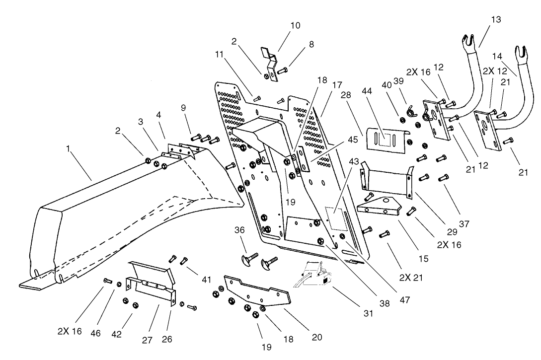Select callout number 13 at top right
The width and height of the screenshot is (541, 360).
(496, 19)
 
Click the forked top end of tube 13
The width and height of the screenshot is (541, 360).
(466, 40)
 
